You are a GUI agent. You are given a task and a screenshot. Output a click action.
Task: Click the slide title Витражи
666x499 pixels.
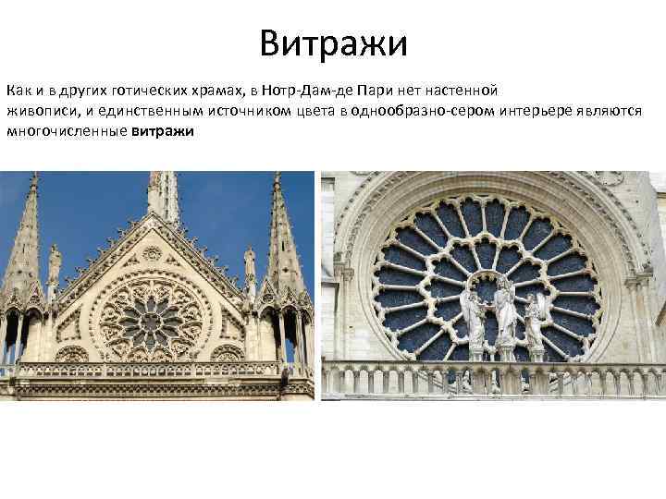point(333,43)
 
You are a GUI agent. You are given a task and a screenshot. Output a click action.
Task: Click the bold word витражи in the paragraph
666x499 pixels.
point(163,131)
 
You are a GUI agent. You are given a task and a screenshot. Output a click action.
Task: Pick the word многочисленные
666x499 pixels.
point(67,131)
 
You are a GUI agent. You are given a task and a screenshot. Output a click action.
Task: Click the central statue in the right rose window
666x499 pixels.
point(505,310)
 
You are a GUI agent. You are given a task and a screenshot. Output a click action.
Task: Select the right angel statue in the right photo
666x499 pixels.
point(536,319)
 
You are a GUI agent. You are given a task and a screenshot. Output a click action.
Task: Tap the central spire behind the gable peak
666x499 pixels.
point(162,194)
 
